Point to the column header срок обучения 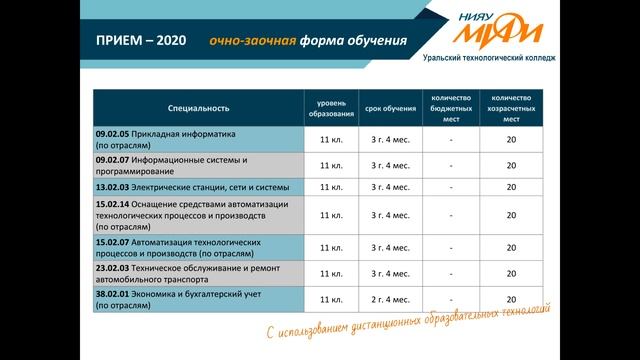390,107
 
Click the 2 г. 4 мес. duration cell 390,299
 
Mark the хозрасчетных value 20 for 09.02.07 511,165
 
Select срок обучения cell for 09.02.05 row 390,139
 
